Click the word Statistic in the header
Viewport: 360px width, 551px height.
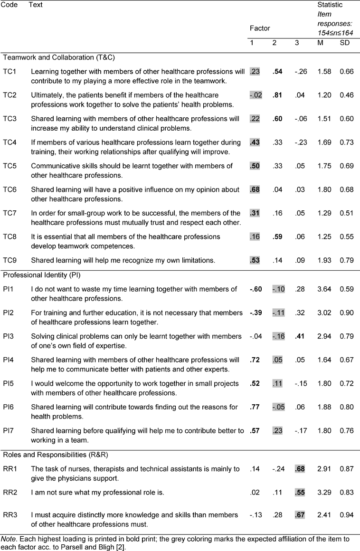[x=330, y=5]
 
